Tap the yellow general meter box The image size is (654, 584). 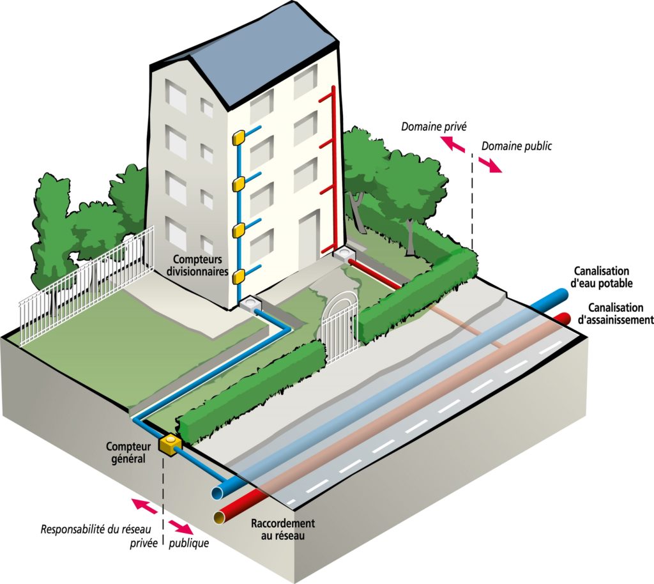click(x=170, y=444)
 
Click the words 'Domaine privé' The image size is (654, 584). click(x=425, y=126)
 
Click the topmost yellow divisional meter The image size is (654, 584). click(x=240, y=137)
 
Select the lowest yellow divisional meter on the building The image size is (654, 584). click(x=239, y=276)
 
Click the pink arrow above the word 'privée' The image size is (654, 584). click(x=144, y=507)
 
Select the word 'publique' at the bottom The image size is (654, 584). click(x=188, y=544)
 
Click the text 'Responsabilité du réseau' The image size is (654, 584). click(x=99, y=530)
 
